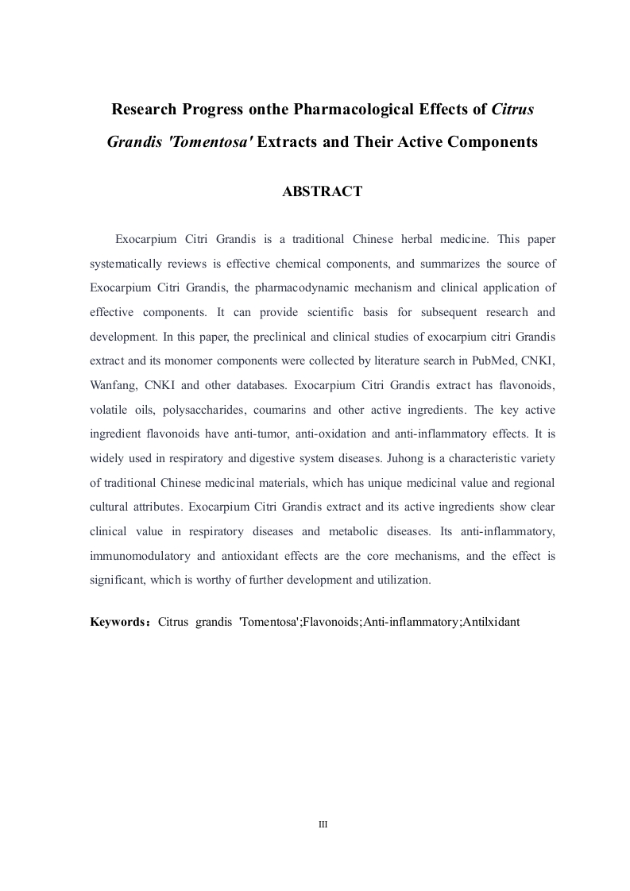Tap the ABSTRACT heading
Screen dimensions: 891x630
coord(323,191)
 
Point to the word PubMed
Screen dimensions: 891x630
coord(492,361)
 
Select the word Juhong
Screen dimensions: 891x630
coord(389,459)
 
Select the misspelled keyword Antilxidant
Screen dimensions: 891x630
coord(492,622)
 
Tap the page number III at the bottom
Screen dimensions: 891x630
coord(323,824)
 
